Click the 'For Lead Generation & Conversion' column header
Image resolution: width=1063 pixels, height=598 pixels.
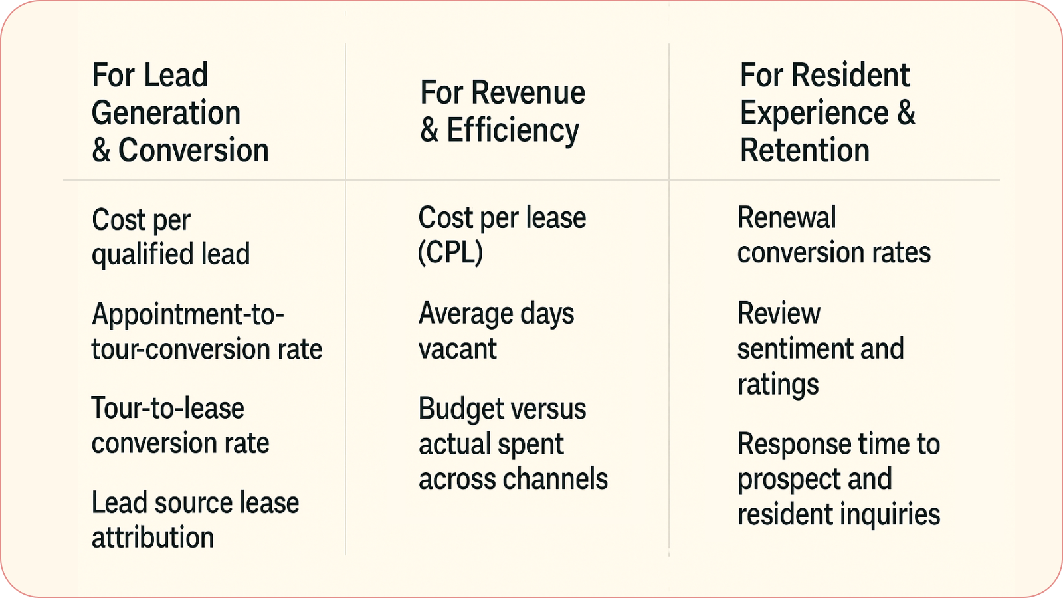click(180, 112)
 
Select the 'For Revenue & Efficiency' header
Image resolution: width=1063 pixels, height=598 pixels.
click(502, 111)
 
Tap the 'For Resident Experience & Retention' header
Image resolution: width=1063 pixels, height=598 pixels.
click(827, 112)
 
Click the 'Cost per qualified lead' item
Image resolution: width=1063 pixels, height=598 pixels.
click(171, 237)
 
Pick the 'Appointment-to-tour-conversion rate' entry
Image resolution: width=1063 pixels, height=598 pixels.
click(207, 331)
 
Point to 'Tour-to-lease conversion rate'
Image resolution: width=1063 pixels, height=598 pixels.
click(180, 425)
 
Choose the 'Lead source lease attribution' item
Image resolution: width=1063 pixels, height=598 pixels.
click(195, 520)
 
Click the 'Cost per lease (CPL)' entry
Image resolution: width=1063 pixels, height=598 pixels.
click(502, 235)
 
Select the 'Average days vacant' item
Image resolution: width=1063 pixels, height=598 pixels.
click(496, 330)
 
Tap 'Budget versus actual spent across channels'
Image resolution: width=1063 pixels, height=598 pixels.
click(513, 443)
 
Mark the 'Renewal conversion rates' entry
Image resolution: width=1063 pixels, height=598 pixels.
click(834, 235)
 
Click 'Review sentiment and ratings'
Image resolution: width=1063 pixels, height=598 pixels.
click(821, 348)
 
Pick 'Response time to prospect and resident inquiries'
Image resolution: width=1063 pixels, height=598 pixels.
click(838, 478)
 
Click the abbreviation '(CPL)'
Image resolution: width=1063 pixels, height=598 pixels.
click(450, 252)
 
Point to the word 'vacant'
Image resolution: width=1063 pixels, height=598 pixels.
click(458, 349)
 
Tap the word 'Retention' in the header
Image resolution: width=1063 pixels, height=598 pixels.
click(805, 150)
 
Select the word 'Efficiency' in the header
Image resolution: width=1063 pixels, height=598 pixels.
click(512, 130)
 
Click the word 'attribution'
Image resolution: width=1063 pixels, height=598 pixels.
click(153, 538)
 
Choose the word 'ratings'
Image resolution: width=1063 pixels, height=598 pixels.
click(778, 384)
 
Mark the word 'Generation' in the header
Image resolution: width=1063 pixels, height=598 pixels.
click(166, 113)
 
